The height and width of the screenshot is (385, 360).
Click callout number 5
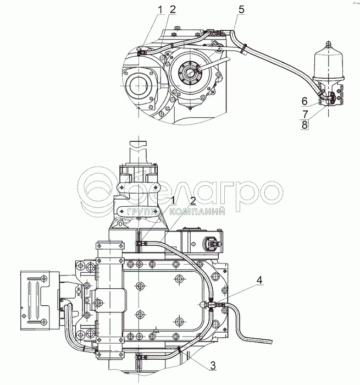(x=241, y=9)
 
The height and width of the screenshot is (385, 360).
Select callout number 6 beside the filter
(x=304, y=101)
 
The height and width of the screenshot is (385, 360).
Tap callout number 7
(x=305, y=114)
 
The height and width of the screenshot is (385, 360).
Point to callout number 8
(x=304, y=125)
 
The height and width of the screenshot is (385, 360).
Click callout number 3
(x=213, y=365)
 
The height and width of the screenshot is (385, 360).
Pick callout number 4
(x=259, y=279)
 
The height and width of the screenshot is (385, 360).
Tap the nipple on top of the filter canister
(x=329, y=43)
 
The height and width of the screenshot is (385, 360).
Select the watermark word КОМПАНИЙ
(x=197, y=212)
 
